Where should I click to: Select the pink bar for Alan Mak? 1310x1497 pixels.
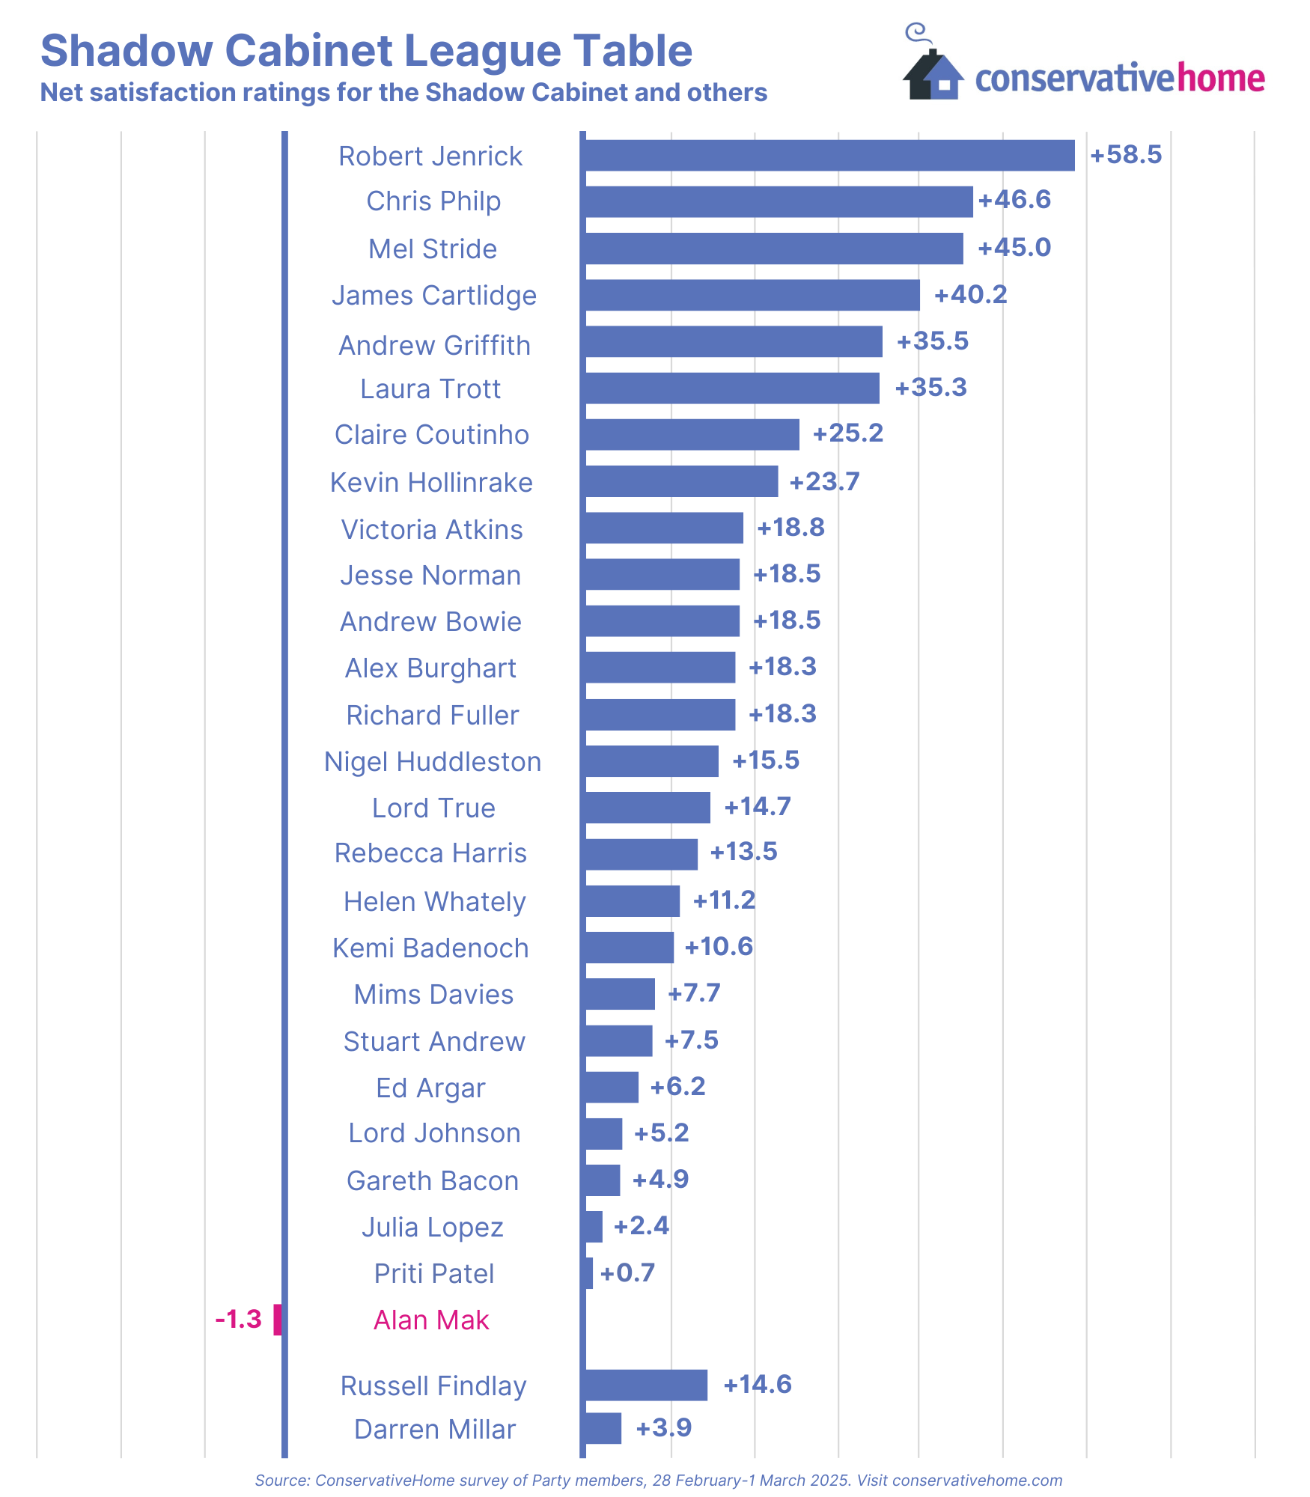(x=277, y=1319)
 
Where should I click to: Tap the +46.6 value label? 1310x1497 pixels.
(x=1014, y=200)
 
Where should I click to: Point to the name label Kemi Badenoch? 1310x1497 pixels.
(x=430, y=948)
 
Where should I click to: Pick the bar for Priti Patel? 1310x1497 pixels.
(x=588, y=1272)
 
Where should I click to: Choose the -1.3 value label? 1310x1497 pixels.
(x=238, y=1319)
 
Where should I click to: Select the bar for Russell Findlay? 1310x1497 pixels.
(x=645, y=1385)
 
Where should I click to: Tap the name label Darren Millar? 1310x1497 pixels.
(x=435, y=1430)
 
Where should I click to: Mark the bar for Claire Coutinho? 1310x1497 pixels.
(x=691, y=434)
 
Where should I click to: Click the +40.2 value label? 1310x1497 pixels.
(x=970, y=294)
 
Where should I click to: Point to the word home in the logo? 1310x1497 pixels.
(x=1221, y=78)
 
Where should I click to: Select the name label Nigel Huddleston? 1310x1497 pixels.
(x=433, y=761)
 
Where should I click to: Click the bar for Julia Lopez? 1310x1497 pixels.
(x=592, y=1226)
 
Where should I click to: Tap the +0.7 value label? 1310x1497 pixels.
(x=627, y=1272)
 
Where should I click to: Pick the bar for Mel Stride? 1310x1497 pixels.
(x=773, y=249)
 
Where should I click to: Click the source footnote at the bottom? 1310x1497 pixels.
(x=658, y=1480)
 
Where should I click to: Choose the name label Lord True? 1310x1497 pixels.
(x=433, y=808)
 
